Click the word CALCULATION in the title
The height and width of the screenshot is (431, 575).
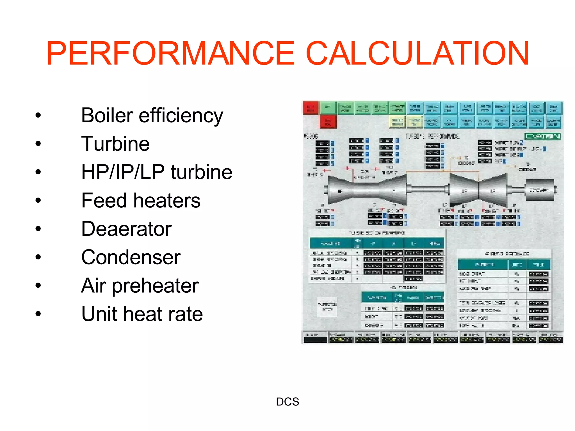pyautogui.click(x=417, y=53)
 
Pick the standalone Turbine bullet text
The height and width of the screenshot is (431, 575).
pyautogui.click(x=115, y=144)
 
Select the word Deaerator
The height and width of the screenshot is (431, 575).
pyautogui.click(x=126, y=229)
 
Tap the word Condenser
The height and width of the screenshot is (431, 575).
pyautogui.click(x=131, y=257)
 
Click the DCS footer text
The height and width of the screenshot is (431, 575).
pyautogui.click(x=287, y=402)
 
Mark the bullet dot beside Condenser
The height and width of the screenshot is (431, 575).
pyautogui.click(x=38, y=257)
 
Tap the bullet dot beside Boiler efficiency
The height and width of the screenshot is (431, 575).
pyautogui.click(x=38, y=115)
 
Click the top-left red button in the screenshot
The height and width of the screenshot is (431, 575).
pyautogui.click(x=311, y=108)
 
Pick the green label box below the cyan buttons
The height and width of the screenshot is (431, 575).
pyautogui.click(x=543, y=136)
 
